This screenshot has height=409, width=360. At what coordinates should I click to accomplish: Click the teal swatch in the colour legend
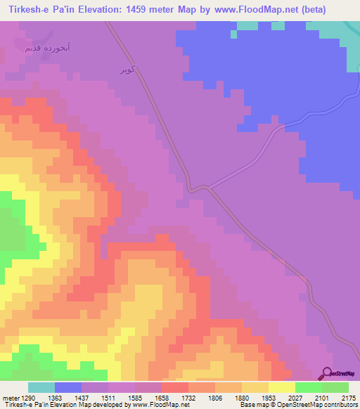point(41,387)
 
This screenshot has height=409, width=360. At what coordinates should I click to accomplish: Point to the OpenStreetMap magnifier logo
point(326,374)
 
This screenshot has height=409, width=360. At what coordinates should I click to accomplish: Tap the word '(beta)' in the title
point(337,10)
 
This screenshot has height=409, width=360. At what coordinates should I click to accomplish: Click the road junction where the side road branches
point(210,187)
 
